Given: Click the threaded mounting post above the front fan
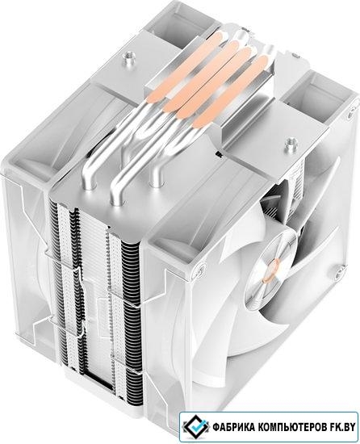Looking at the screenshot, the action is click(x=289, y=144).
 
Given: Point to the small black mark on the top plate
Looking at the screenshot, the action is click(x=219, y=155).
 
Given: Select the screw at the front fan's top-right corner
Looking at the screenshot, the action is click(x=351, y=114).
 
